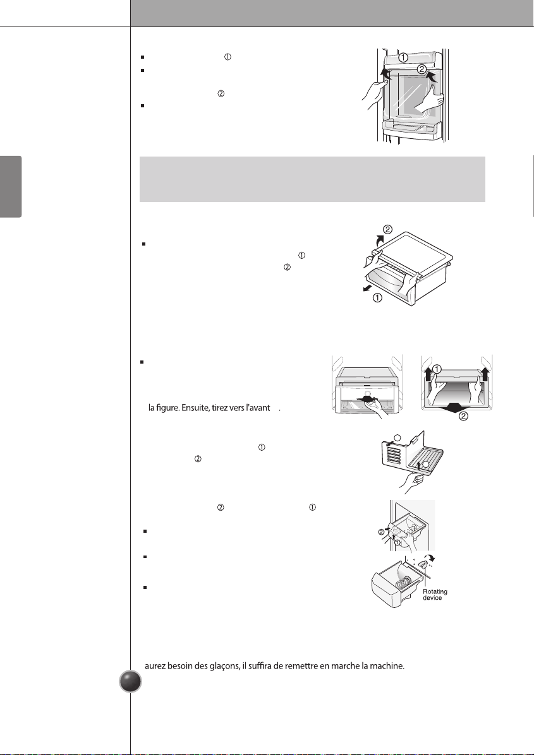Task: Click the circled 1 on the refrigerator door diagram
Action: [x=403, y=57]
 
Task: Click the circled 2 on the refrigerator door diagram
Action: [x=422, y=69]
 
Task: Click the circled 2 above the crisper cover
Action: [x=388, y=229]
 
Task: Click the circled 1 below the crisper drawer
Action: [x=377, y=297]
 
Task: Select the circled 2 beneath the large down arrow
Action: [x=463, y=416]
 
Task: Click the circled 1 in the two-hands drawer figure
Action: [x=436, y=369]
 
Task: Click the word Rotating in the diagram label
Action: [x=435, y=592]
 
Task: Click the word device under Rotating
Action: [x=432, y=598]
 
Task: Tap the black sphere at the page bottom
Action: [x=130, y=681]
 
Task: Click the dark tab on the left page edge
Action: [x=11, y=186]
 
